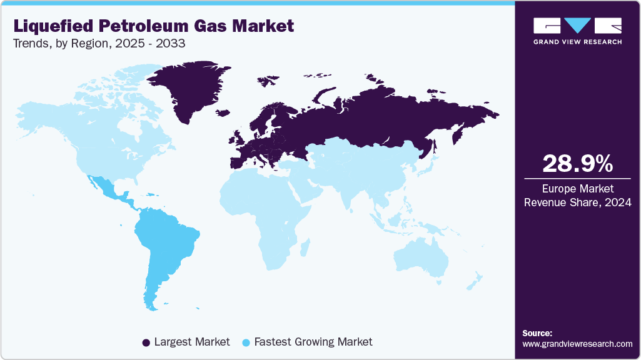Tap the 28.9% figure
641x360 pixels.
pyautogui.click(x=577, y=164)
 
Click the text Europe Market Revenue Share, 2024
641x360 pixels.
pyautogui.click(x=577, y=195)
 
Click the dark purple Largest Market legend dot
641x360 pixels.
pyautogui.click(x=146, y=342)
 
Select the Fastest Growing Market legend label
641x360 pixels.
pyautogui.click(x=316, y=342)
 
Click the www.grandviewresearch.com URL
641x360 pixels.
pyautogui.click(x=577, y=344)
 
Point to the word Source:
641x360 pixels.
pyautogui.click(x=537, y=333)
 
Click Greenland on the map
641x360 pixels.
pyautogui.click(x=188, y=87)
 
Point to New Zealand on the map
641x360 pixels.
pyautogui.click(x=473, y=281)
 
